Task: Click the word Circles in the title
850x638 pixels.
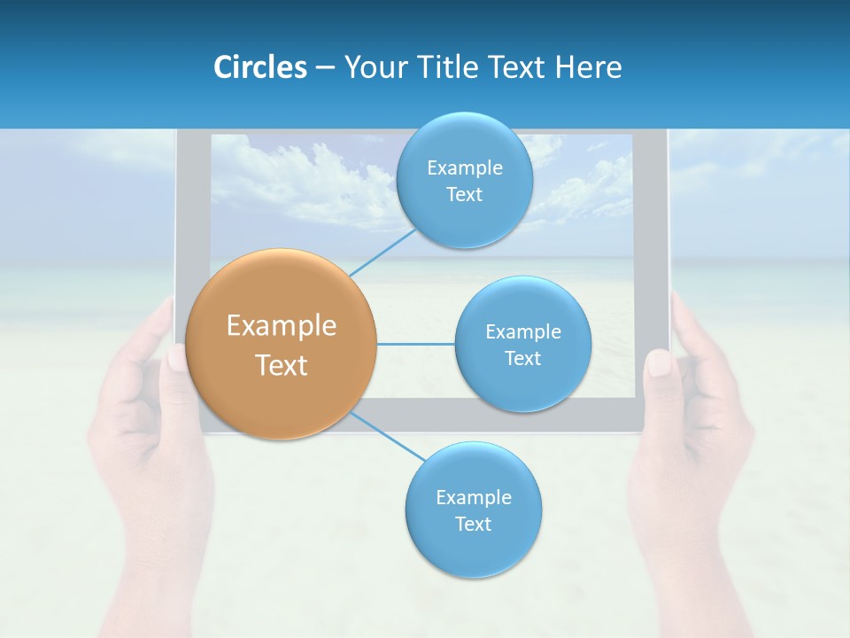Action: tap(259, 67)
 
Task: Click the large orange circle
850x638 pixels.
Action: tap(282, 344)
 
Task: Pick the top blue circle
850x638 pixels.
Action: tap(464, 181)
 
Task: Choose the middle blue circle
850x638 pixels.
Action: tap(522, 344)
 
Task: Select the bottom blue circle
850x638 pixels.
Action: tap(473, 510)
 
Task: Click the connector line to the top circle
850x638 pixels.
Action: tap(382, 252)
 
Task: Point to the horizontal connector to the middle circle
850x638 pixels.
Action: tap(416, 344)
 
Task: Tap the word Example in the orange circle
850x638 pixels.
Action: tap(282, 325)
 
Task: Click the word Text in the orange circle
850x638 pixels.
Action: tap(282, 364)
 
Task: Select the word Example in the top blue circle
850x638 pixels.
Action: tap(464, 167)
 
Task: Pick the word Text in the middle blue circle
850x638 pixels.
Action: tap(522, 358)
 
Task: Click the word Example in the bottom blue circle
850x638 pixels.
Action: tap(473, 497)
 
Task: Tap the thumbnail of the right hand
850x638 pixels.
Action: tap(659, 363)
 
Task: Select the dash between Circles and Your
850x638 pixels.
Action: tap(324, 67)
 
